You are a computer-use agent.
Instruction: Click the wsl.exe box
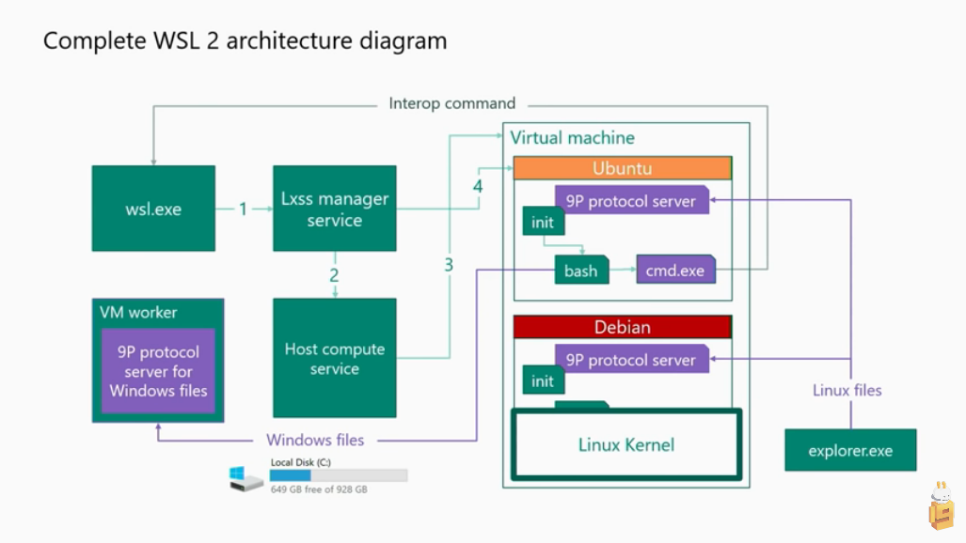click(153, 209)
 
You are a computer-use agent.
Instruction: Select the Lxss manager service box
click(334, 209)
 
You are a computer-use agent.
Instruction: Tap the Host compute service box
click(334, 358)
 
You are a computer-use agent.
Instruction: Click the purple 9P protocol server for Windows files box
click(158, 371)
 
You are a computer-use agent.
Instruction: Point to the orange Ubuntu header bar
click(622, 168)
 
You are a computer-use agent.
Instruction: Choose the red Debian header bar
click(622, 328)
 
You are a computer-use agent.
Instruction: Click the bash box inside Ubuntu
click(580, 271)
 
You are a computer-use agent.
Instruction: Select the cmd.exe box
click(674, 271)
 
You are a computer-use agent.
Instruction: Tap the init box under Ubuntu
click(543, 223)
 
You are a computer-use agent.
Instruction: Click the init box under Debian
click(543, 381)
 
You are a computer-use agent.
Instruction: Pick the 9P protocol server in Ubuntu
click(630, 200)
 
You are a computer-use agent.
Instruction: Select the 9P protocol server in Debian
click(630, 360)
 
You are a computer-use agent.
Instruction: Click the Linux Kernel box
click(626, 444)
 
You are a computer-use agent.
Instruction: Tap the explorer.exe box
click(850, 450)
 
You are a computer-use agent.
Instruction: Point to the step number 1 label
click(243, 209)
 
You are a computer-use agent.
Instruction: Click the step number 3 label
click(449, 265)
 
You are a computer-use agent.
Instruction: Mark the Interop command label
click(452, 103)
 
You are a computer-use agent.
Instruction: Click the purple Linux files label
click(847, 390)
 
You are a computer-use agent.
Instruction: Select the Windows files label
click(315, 440)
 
